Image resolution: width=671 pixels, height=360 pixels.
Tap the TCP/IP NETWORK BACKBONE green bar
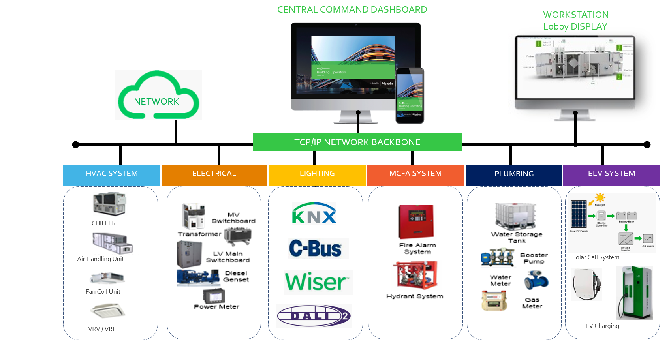357,142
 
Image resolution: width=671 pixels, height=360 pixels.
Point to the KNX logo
314,214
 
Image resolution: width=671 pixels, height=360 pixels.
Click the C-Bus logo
318,249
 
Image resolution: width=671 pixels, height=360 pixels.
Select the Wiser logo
318,282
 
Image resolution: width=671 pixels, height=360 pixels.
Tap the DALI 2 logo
314,316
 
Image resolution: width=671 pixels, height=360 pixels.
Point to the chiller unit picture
112,204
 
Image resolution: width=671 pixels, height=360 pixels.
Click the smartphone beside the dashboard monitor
410,96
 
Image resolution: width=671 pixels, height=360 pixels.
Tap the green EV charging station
634,292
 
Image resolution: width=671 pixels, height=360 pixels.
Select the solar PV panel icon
579,214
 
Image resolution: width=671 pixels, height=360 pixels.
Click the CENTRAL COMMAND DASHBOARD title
352,9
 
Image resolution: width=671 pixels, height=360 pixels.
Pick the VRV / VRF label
102,329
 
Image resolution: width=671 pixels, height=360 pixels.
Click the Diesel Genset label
236,276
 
